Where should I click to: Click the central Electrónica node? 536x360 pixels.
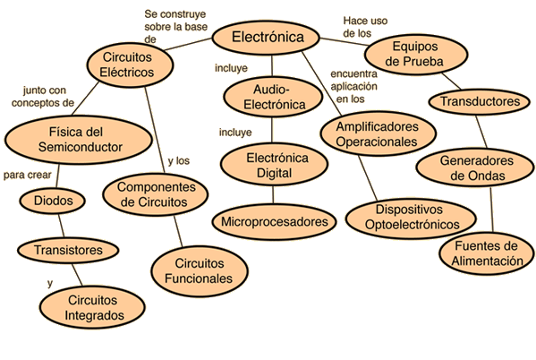266,38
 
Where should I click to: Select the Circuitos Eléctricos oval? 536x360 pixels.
130,64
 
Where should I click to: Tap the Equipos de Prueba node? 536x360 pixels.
416,55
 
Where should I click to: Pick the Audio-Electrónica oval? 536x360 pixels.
273,97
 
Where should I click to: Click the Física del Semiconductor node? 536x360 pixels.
79,140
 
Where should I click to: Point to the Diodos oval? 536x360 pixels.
52,201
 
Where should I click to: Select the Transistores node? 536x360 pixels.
68,250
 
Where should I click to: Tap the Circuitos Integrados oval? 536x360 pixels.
92,307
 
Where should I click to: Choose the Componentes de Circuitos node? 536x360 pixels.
156,194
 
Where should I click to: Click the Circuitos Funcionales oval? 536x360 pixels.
200,271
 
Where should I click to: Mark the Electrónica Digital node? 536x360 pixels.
274,165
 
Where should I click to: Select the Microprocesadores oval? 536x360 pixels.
274,222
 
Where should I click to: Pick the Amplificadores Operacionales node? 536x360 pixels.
379,133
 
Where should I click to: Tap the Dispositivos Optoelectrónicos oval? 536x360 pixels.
411,218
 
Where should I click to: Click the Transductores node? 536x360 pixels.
480,101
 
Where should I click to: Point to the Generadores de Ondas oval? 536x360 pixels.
475,167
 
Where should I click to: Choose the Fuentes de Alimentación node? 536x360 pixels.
487,253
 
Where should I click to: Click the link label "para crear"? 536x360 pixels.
28,175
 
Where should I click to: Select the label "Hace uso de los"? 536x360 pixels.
365,27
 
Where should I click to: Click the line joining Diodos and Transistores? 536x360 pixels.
61,226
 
